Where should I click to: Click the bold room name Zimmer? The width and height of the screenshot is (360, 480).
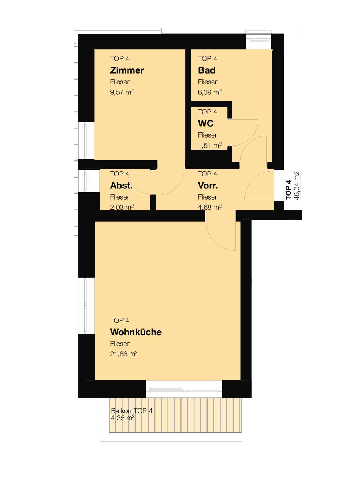point(127,70)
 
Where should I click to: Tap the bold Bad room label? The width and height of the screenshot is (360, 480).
point(206,70)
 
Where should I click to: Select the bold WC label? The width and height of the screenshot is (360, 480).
point(206,124)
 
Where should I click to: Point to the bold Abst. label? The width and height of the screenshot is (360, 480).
point(121,186)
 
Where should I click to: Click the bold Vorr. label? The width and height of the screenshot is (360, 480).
point(208,186)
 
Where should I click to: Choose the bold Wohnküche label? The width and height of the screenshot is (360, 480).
point(136,332)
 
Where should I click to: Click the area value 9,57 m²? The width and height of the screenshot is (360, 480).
point(122,92)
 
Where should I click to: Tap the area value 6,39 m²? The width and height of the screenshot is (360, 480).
point(210,92)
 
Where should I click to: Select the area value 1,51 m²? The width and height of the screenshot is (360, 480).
point(210,145)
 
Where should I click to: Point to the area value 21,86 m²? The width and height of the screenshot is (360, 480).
point(124,354)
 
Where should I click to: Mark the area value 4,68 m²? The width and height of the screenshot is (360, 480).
point(210,207)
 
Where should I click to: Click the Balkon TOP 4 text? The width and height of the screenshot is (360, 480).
point(132,411)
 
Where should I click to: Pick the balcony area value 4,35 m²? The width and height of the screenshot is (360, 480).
point(122,418)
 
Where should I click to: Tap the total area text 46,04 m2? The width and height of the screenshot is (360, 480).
point(297,186)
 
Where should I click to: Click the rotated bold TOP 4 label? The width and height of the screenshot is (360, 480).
point(288,189)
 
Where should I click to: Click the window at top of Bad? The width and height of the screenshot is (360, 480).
point(258,40)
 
